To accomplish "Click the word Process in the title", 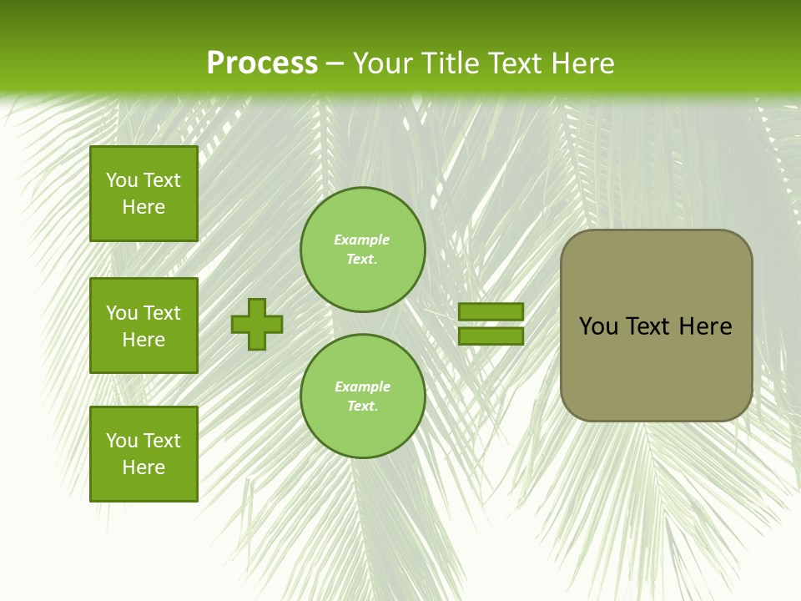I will coord(262,63).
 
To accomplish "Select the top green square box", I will coord(144,194).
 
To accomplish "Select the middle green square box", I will coord(144,326).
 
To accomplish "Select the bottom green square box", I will coord(144,453).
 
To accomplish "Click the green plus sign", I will coord(257,324).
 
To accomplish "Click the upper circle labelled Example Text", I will coord(363,250).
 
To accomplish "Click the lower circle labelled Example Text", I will coord(363,396).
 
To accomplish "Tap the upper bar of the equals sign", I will coord(491,311).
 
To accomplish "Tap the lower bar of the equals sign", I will coord(491,336).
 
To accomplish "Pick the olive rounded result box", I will coord(656,367).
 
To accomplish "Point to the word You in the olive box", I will coord(597,326).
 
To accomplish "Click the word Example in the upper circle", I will coord(362,240).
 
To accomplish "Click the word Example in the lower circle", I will coord(362,387).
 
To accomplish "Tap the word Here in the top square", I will coord(144,207).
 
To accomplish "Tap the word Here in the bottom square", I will coord(144,467).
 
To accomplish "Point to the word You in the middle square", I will coord(122,313).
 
